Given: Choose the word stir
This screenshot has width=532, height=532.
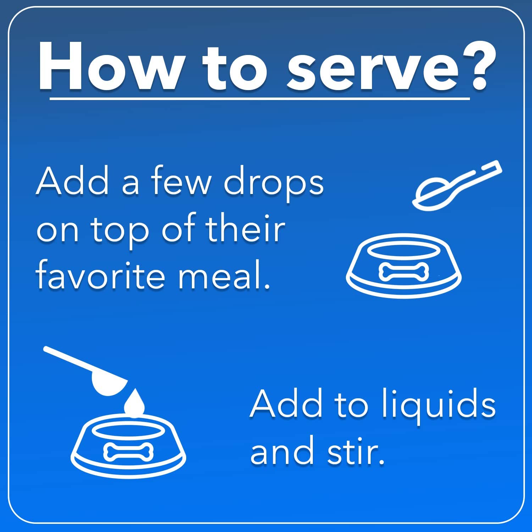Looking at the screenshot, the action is (x=356, y=451).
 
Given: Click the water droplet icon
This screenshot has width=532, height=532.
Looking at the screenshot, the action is (x=135, y=402).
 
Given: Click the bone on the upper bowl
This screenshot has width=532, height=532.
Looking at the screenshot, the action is (x=404, y=272).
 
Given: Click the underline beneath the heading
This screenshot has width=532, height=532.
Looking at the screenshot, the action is (x=260, y=99).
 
